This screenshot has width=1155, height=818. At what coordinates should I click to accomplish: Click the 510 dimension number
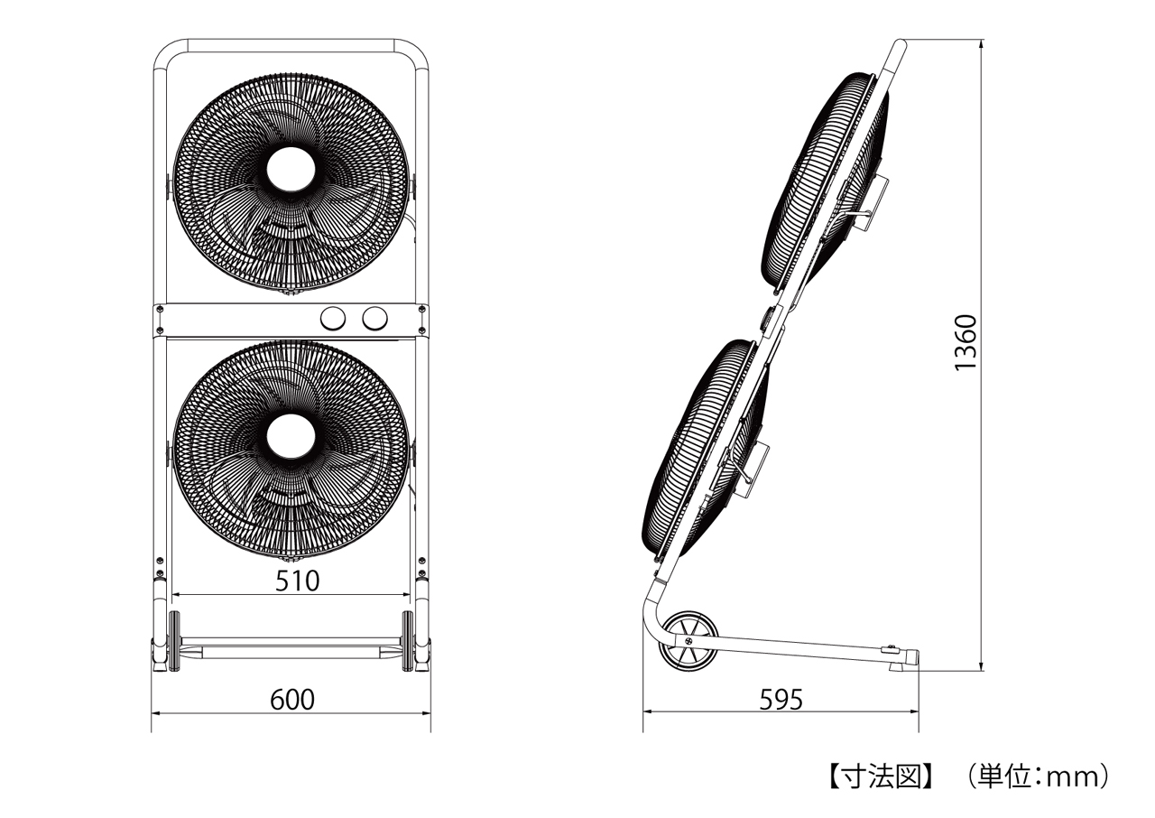(297, 581)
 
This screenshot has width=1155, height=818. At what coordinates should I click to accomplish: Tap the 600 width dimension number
(291, 700)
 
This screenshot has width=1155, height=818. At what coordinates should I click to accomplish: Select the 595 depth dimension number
(781, 700)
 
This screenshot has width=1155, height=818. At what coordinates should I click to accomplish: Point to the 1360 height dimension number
(966, 342)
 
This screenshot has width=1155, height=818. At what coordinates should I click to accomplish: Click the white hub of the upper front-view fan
(291, 172)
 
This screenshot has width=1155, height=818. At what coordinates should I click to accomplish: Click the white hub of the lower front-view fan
(291, 436)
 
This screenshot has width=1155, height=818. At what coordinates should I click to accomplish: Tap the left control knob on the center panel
(333, 319)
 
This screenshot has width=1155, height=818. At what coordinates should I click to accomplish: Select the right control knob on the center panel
(374, 319)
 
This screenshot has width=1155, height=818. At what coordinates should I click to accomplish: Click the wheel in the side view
(688, 640)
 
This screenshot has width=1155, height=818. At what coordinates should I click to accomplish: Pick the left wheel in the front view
(175, 641)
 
